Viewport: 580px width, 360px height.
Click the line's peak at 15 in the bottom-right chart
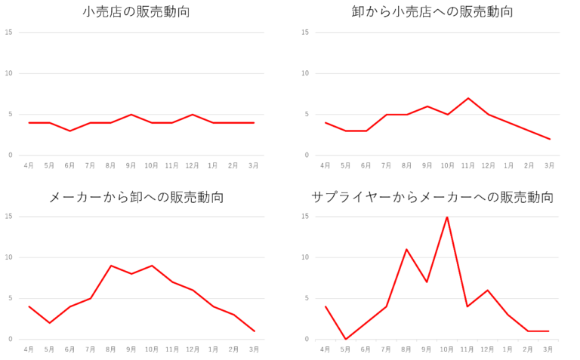(447, 217)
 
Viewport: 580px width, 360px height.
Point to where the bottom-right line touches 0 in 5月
(346, 338)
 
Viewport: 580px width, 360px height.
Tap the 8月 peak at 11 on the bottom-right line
(406, 249)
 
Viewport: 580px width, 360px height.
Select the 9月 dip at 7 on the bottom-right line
(427, 282)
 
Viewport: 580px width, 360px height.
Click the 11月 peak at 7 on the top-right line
(468, 98)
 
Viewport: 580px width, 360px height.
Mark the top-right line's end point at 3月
(550, 139)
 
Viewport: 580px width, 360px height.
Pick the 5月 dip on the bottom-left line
(50, 322)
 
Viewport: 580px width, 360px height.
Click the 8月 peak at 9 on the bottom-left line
(111, 266)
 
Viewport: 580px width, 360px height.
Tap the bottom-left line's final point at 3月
(255, 331)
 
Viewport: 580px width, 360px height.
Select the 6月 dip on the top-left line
(70, 131)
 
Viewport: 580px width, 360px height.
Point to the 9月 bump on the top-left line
(131, 115)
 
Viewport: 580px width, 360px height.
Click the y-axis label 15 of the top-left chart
(8, 32)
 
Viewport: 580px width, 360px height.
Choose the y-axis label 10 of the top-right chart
(305, 73)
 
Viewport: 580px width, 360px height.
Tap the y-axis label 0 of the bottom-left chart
(10, 339)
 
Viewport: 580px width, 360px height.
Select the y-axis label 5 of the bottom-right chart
(307, 298)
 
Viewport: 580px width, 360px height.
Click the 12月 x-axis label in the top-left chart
(193, 165)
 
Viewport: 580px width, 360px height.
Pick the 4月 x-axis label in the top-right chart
(325, 165)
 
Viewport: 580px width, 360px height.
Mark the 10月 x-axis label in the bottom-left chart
(152, 349)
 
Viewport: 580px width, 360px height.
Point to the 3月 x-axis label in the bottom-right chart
(549, 349)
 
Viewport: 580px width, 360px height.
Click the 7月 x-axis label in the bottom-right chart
(387, 349)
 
